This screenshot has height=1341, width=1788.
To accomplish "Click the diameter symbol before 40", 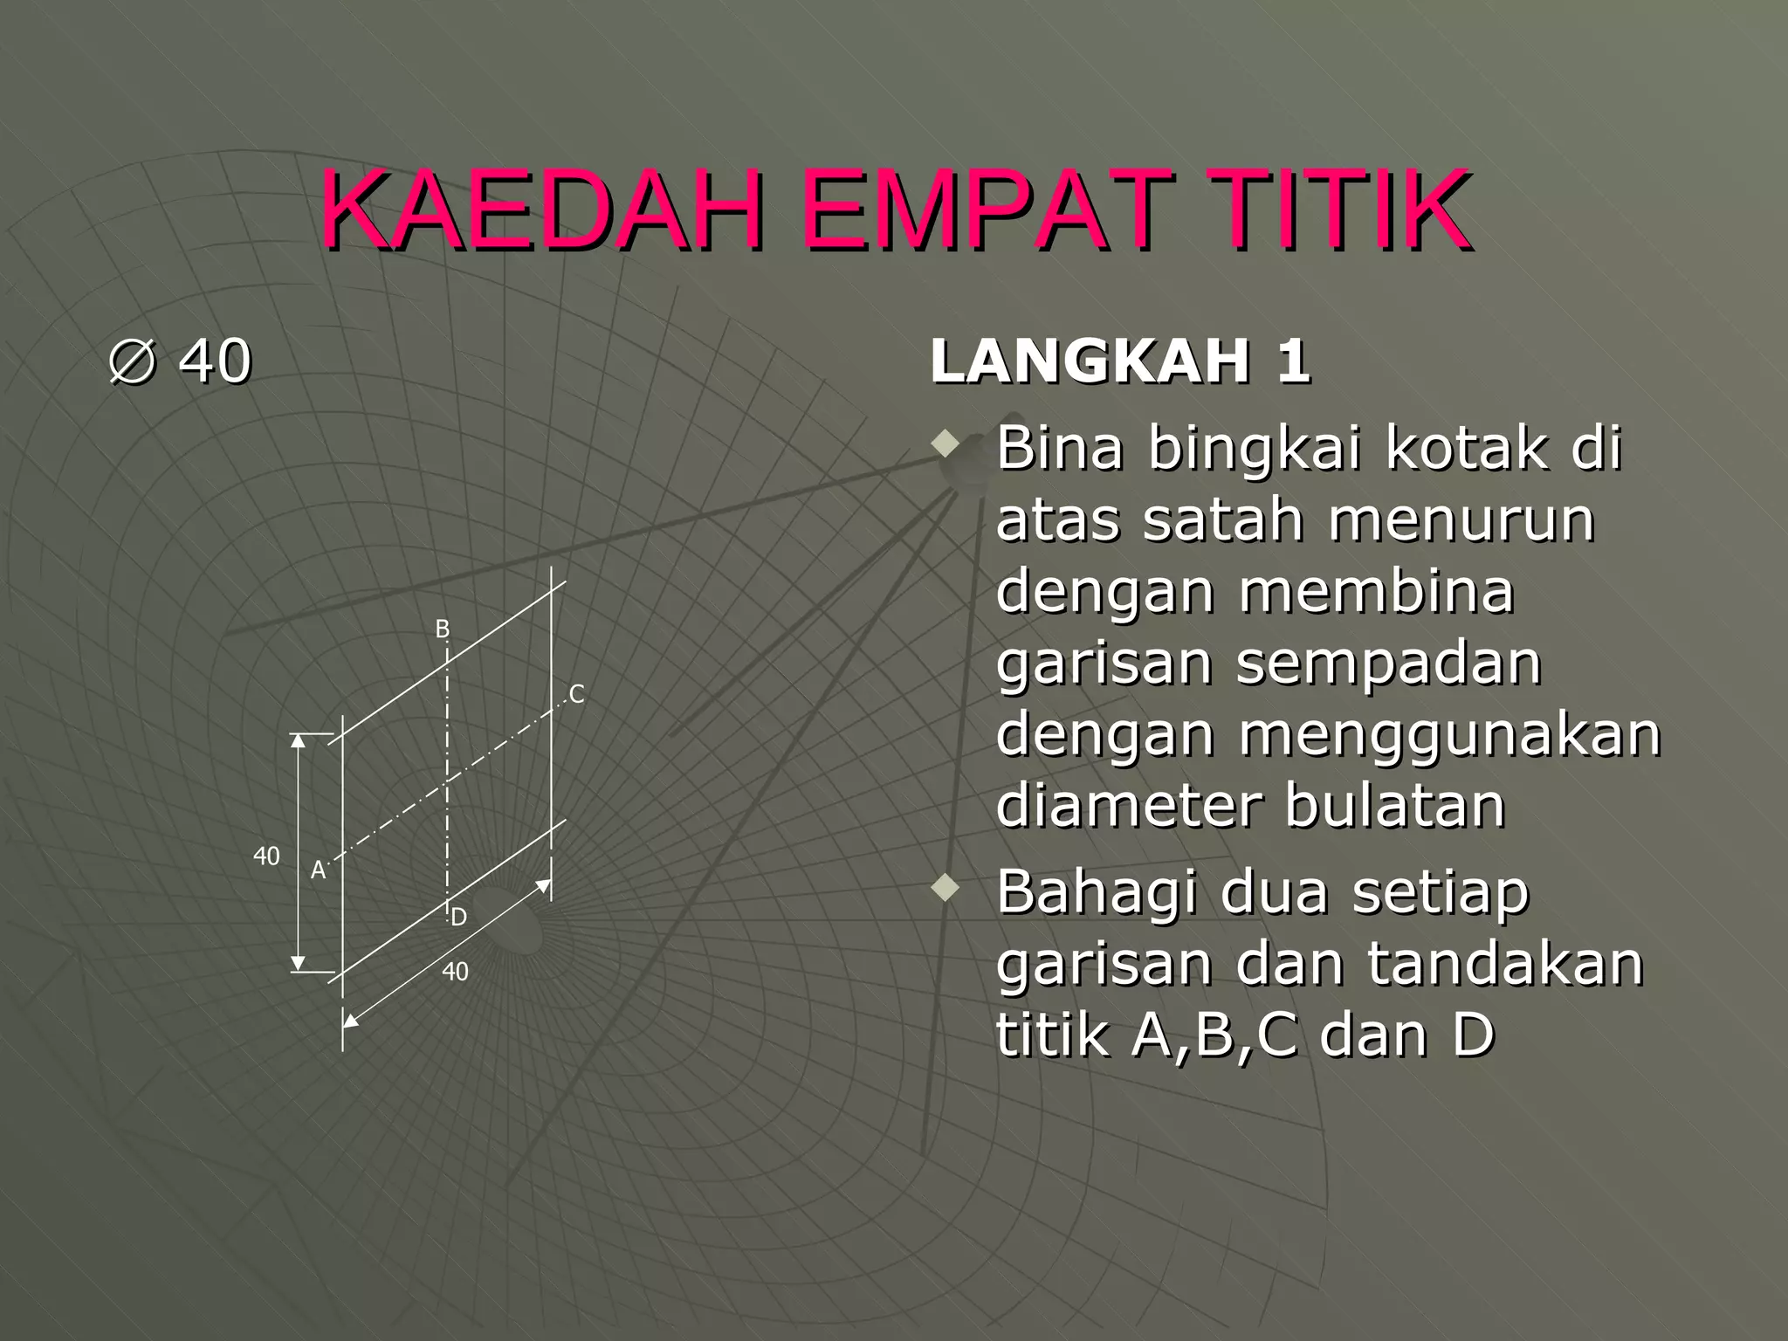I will click(x=134, y=361).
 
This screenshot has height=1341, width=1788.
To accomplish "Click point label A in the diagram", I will click(x=318, y=870).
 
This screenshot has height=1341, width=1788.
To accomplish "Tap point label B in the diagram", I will click(x=443, y=629).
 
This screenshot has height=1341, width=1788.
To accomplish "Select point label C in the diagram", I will click(x=576, y=694).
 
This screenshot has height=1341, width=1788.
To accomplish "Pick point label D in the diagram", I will click(x=459, y=917).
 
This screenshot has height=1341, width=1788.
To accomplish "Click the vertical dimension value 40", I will click(x=266, y=856).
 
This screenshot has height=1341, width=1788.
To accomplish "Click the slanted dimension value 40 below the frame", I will click(x=455, y=972).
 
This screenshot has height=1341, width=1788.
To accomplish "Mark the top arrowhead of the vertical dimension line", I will click(x=299, y=741).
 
